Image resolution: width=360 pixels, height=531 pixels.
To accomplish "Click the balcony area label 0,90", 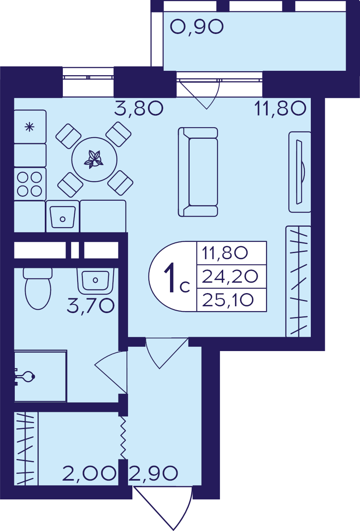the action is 197,27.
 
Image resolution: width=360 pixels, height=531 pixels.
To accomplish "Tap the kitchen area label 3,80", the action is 139,108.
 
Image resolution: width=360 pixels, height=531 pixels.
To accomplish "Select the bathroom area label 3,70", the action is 91,306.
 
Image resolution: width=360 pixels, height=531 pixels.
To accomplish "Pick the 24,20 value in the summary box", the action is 230,277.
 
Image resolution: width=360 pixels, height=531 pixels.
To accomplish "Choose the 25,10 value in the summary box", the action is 228,300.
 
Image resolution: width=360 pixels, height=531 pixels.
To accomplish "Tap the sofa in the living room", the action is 198,172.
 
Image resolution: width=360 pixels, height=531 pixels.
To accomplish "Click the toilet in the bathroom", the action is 38,289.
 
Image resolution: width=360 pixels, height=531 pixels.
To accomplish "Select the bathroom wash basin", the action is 95,280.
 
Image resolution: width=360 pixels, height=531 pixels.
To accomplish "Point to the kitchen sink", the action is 63,217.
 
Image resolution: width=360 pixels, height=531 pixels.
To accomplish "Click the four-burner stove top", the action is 30,184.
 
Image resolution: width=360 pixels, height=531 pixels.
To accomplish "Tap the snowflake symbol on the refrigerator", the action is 30,127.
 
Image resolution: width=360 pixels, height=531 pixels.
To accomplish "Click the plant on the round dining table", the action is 94,160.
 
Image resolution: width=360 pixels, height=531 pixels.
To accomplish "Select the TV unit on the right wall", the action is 300,172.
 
